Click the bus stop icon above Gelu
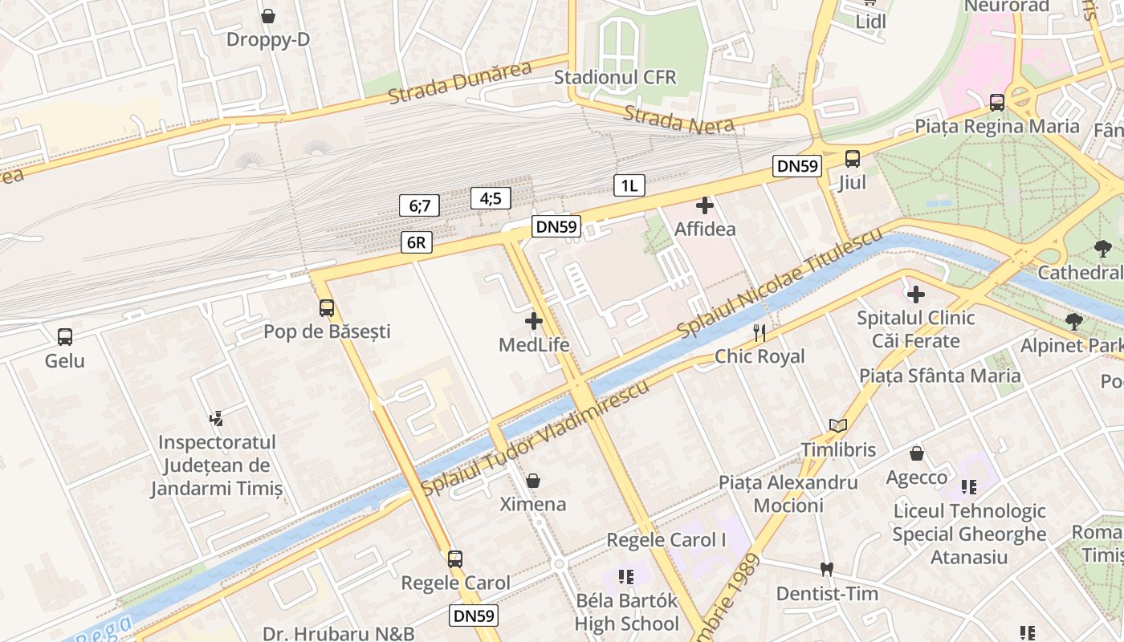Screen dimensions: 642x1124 65,337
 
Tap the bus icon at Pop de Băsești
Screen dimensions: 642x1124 327,307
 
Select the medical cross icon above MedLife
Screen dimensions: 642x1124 534,322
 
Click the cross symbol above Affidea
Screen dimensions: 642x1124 705,205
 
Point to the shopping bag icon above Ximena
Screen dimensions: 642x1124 533,481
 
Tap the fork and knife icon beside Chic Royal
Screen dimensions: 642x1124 760,332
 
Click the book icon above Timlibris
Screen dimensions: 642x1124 838,426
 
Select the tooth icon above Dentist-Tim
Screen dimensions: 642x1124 827,570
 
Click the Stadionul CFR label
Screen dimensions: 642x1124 615,78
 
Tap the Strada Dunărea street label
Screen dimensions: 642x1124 459,83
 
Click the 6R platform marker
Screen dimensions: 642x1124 417,242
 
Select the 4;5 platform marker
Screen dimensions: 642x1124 491,197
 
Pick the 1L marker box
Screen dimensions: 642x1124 629,186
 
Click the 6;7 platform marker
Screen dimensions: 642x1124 419,205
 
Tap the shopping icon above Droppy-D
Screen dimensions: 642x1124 268,16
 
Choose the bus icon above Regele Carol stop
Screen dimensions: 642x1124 455,559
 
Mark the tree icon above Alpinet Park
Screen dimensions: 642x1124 1073,323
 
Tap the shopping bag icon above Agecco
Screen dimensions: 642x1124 917,454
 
